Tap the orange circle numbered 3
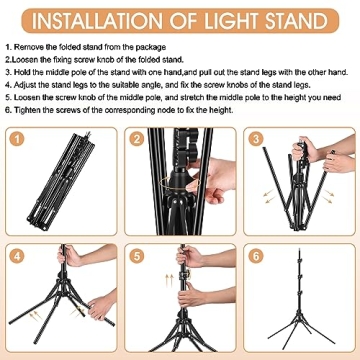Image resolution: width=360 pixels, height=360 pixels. click(257, 139)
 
